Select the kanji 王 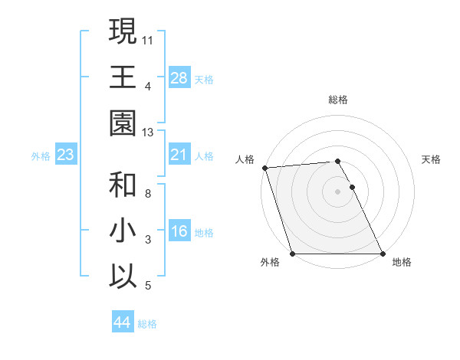pos(123,77)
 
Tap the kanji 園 pos(123,123)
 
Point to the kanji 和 pos(123,184)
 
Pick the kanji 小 pos(123,230)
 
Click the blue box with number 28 pos(179,77)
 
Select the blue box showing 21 pos(179,155)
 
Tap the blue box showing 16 pos(179,232)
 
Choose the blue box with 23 pos(66,155)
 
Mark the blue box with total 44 pos(122,323)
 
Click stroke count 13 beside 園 pos(148,133)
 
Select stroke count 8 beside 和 pos(148,193)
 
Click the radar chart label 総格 pos(338,100)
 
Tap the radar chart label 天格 pos(432,159)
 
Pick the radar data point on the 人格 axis pos(264,168)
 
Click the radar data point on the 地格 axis pos(383,254)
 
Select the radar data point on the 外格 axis pos(292,254)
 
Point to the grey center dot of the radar pos(337,191)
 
